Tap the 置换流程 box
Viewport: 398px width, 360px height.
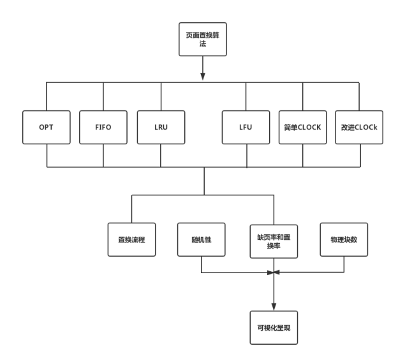[x=131, y=239]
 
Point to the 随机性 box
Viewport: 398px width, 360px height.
[x=202, y=239]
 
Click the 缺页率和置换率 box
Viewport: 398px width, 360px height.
[x=274, y=240]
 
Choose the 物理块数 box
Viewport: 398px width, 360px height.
[x=344, y=239]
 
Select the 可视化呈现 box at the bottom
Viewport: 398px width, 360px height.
[x=274, y=328]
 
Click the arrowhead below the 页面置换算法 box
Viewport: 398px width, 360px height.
[x=203, y=77]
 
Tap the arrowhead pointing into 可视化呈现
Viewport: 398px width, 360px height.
[x=274, y=305]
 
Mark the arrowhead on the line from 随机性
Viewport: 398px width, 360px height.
[x=269, y=273]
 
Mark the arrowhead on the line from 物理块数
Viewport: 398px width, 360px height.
[x=278, y=273]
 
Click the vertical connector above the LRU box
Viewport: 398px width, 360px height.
[x=161, y=96]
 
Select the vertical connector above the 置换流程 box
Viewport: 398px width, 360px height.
[x=131, y=209]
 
